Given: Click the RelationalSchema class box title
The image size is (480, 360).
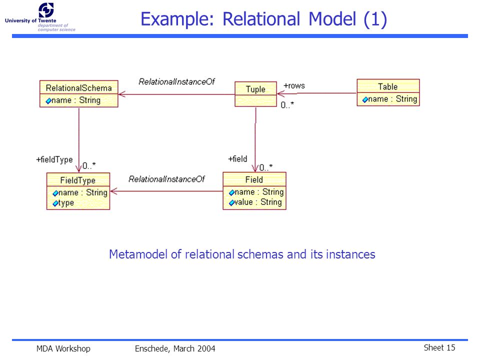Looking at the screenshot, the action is point(78,88).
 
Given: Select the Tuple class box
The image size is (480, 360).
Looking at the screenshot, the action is point(255,94).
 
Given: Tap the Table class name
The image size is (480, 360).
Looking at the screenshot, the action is point(387,86).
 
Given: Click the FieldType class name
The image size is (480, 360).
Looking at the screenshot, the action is point(78,180).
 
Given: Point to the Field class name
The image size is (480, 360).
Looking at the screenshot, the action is point(254,179).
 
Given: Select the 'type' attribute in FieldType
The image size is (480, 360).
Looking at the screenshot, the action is point(63,203).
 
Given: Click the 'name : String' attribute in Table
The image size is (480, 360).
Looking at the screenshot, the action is point(389,99).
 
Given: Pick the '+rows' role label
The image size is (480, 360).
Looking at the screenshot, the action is point(294,85).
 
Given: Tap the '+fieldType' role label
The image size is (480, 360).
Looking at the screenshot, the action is point(54,159).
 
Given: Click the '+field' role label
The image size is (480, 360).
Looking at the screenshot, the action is point(237,159).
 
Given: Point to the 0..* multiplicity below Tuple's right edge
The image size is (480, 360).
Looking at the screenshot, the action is point(287,105).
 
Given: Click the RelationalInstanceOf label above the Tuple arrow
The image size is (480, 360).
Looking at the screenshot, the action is point(176,81).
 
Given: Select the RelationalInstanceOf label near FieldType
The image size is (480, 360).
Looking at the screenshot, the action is point(166,179).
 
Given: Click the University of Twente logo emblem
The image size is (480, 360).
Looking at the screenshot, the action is point(46,10).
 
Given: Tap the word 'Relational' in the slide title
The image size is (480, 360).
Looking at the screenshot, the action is point(261,19).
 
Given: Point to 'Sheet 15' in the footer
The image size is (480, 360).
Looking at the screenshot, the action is point(439,348).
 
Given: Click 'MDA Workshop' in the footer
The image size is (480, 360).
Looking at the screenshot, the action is point(63,348).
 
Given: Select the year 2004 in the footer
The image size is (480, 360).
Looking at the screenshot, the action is point(206,348).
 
